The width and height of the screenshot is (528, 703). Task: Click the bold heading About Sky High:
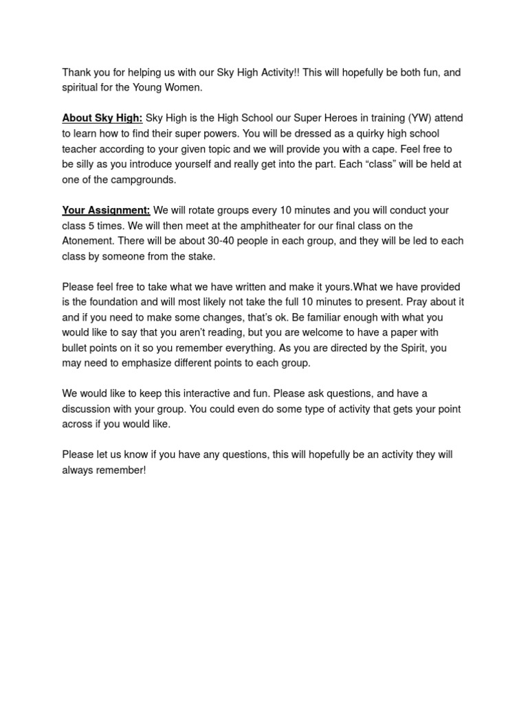[102, 118]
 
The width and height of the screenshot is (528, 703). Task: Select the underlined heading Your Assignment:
[106, 210]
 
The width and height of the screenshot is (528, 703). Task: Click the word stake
[199, 256]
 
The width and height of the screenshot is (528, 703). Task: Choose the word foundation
[116, 302]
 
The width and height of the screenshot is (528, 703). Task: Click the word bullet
[76, 348]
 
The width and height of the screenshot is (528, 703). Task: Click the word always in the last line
[78, 470]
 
